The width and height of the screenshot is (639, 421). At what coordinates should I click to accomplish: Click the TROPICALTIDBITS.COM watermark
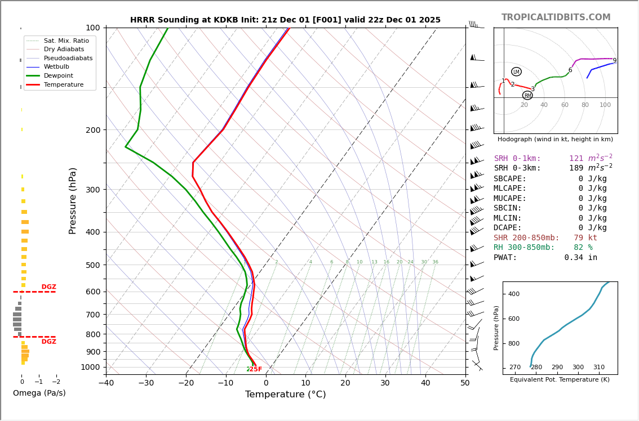(x=556, y=17)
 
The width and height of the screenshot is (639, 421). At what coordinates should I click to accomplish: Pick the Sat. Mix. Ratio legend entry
(x=66, y=41)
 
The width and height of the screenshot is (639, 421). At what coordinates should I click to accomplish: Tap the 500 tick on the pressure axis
(x=92, y=265)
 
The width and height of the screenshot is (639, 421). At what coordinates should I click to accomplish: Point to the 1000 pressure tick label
(x=90, y=367)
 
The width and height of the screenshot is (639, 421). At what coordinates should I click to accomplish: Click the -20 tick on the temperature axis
(x=186, y=383)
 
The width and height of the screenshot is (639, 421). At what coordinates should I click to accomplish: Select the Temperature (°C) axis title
(x=285, y=395)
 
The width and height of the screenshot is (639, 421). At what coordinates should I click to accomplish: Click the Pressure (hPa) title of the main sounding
(x=73, y=200)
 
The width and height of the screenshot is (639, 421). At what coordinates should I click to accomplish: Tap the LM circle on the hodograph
(x=516, y=71)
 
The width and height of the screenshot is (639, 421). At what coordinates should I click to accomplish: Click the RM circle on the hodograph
(x=527, y=96)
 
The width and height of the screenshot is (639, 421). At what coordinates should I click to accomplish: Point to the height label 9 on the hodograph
(x=614, y=61)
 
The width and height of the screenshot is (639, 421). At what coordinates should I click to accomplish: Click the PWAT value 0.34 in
(x=580, y=258)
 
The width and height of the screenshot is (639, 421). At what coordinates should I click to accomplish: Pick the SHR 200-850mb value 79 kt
(x=585, y=238)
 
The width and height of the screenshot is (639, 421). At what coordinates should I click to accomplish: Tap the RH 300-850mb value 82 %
(x=583, y=248)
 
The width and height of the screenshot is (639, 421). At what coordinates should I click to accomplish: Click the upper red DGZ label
(x=48, y=287)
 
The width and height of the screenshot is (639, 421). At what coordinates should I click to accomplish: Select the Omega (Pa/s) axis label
(x=39, y=393)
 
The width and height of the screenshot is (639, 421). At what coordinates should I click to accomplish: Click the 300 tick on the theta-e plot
(x=578, y=368)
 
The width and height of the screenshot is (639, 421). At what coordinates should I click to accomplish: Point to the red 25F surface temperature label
(x=255, y=369)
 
